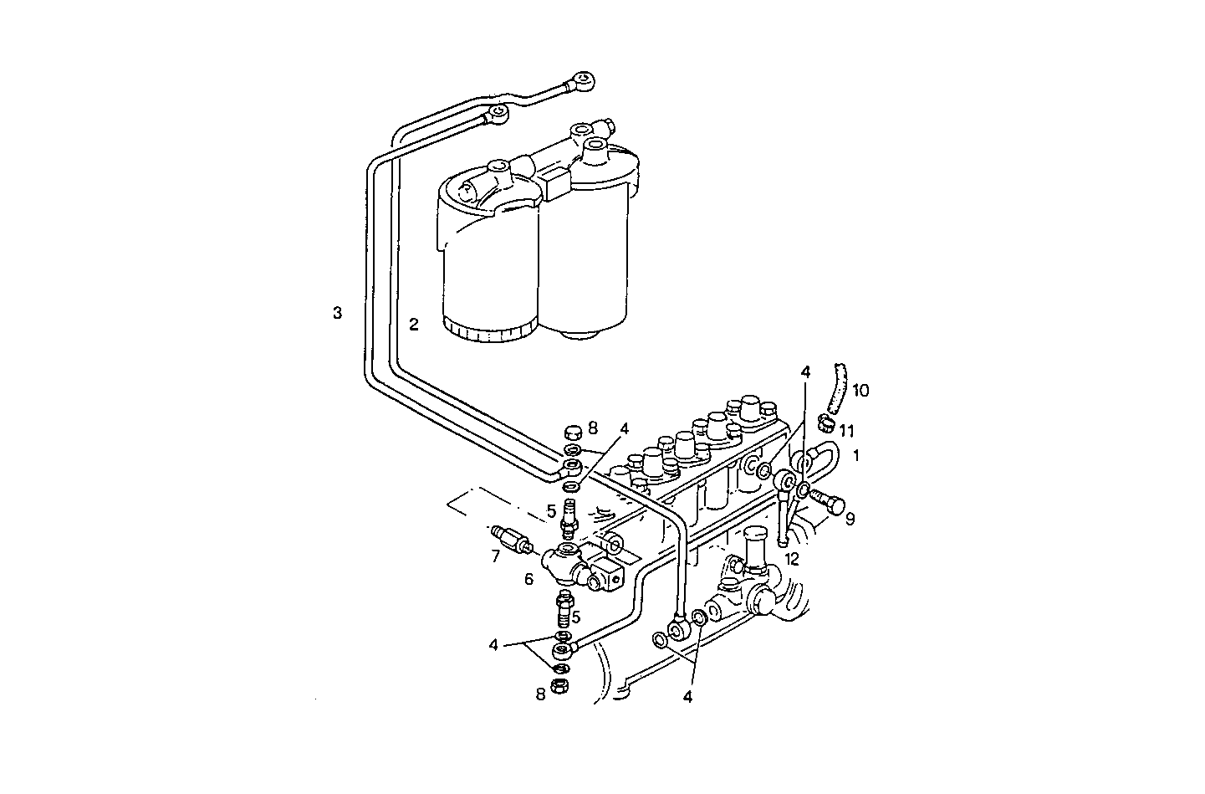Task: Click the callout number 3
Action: tap(337, 314)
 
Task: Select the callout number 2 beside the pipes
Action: tap(414, 325)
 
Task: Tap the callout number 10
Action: tap(860, 390)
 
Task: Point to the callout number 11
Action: tap(847, 431)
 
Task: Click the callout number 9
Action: tap(850, 519)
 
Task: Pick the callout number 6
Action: tap(528, 578)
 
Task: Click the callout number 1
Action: tap(856, 456)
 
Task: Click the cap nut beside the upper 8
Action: tap(573, 433)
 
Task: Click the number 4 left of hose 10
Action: tap(805, 371)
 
